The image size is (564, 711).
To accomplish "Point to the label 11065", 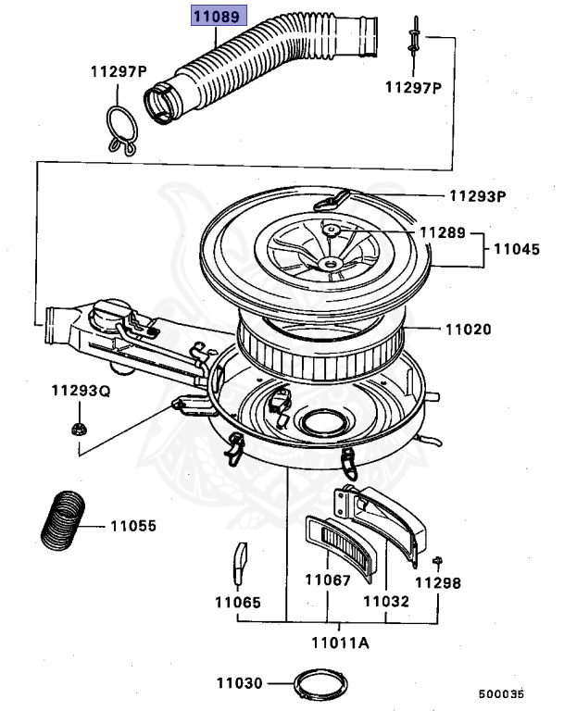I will pyautogui.click(x=238, y=601).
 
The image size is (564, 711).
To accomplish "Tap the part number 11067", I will pyautogui.click(x=329, y=580).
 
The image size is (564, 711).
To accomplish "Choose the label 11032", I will pyautogui.click(x=385, y=601).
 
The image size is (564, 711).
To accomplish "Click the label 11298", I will pyautogui.click(x=437, y=583).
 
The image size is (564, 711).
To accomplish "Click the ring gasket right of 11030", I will pyautogui.click(x=314, y=686).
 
